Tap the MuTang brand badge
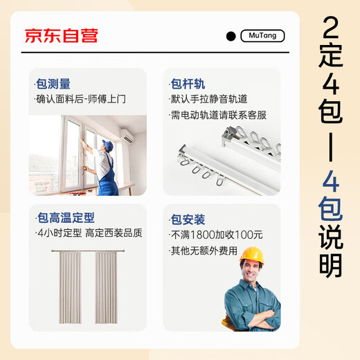click(262, 36)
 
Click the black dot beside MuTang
click(231, 37)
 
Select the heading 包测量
click(53, 84)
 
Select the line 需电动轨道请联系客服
click(218, 115)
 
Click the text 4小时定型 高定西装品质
click(89, 233)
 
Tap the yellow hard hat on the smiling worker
click(251, 257)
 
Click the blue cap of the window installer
click(107, 145)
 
